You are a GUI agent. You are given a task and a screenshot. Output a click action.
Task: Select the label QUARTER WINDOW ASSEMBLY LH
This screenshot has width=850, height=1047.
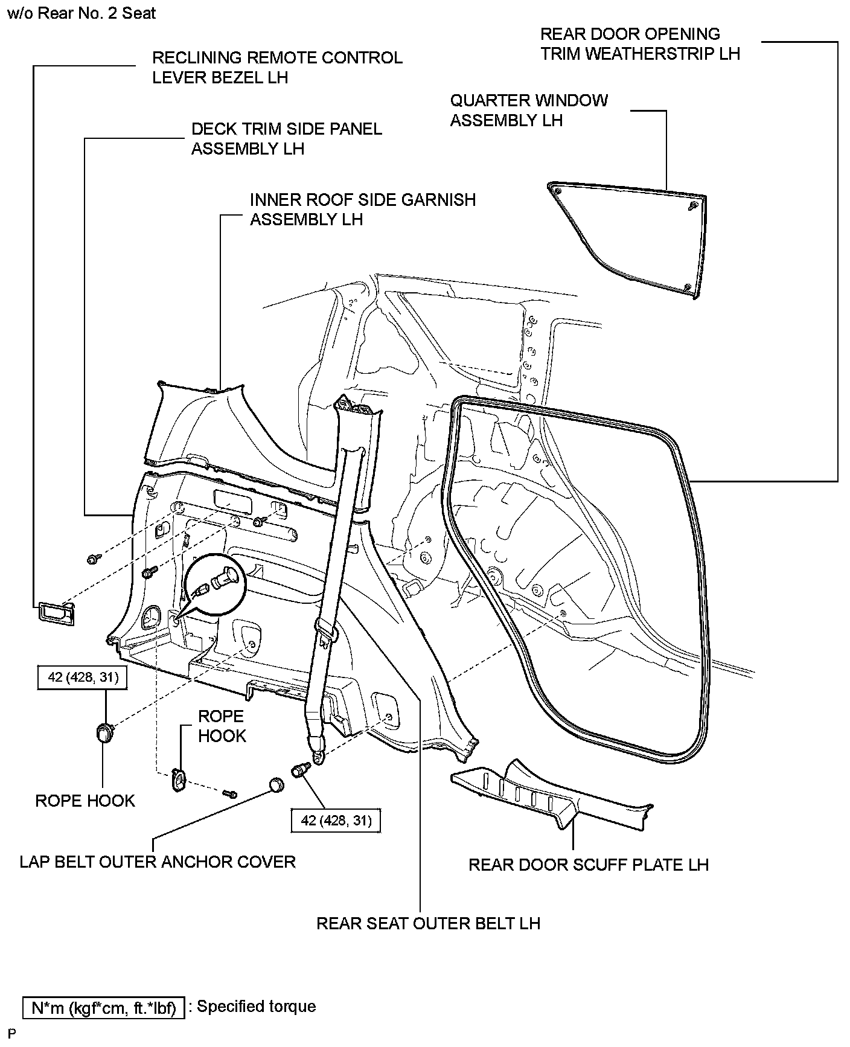[529, 110]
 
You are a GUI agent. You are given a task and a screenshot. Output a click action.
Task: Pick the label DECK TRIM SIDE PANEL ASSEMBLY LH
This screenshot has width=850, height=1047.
[286, 138]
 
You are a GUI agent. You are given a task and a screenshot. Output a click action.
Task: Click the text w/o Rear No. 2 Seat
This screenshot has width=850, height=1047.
[81, 13]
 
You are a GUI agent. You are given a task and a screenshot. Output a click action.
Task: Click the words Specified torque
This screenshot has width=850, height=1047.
[257, 1007]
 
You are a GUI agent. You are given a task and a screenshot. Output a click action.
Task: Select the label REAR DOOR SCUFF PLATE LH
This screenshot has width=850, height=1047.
[588, 865]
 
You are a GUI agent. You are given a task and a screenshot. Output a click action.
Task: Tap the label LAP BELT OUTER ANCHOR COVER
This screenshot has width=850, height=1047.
[158, 862]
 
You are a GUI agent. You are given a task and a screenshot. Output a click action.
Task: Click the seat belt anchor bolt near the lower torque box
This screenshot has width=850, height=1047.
[300, 770]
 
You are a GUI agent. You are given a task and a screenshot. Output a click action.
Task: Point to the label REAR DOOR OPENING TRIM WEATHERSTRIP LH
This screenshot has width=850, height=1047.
[639, 43]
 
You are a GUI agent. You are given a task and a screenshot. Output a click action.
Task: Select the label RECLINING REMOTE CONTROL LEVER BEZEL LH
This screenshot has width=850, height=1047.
[276, 67]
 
